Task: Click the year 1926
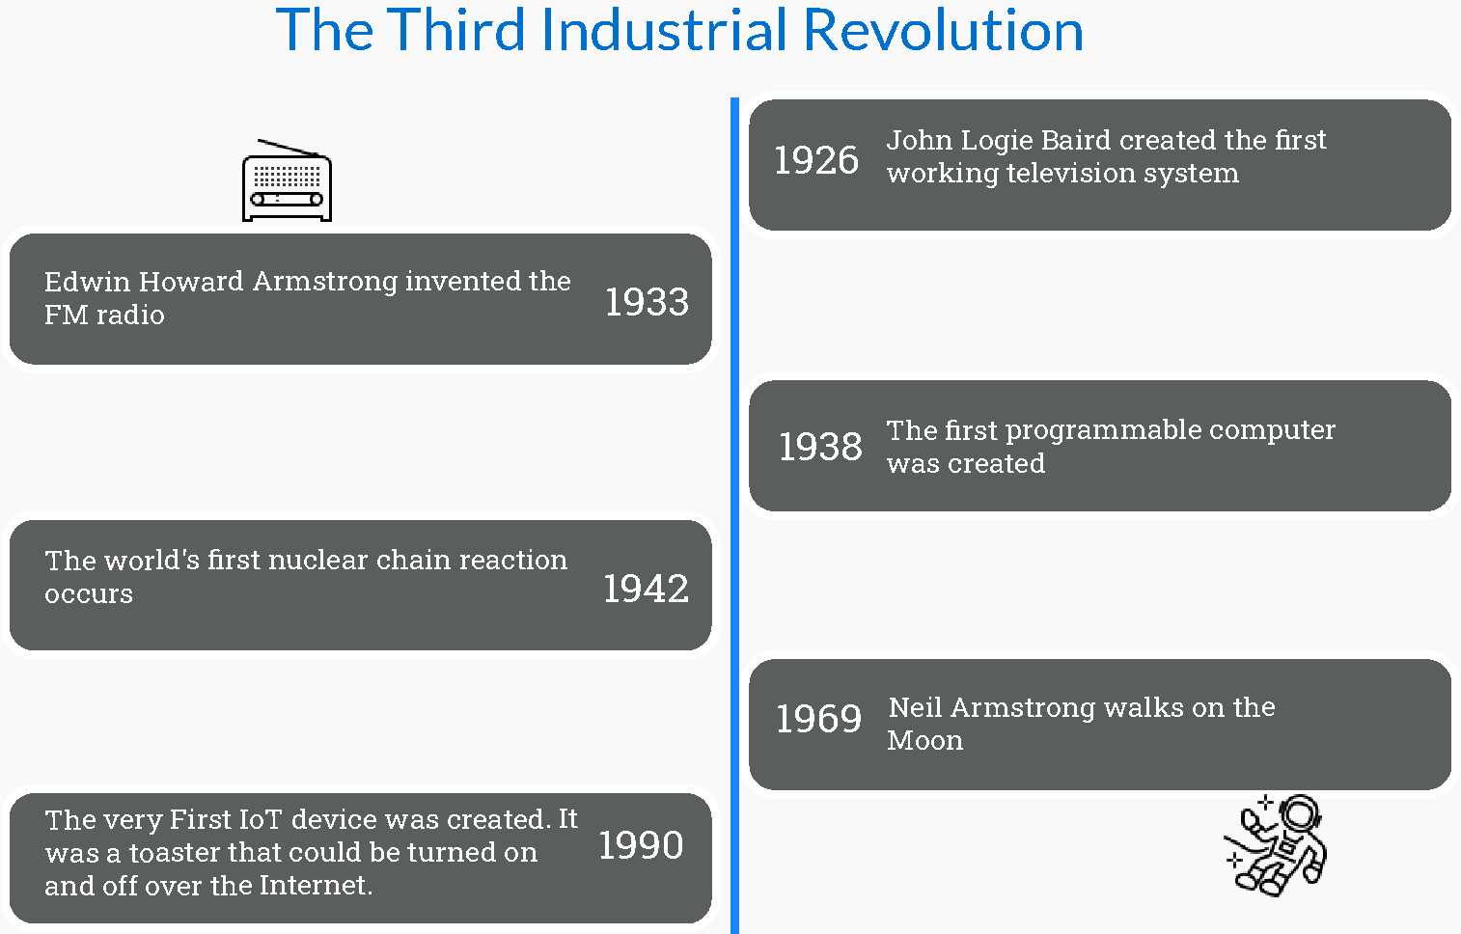[x=816, y=160]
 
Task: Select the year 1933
[x=647, y=302]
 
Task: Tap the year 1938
[x=820, y=447]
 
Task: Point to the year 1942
[x=646, y=589]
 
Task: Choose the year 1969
[x=818, y=719]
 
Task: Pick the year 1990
[x=641, y=845]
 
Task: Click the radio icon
[x=287, y=180]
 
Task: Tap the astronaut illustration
[x=1275, y=844]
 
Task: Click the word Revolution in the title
[x=943, y=30]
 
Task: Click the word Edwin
[x=88, y=281]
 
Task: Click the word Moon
[x=924, y=740]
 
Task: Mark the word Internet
[x=316, y=886]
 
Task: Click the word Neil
[x=915, y=707]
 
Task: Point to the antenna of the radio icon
[x=288, y=148]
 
